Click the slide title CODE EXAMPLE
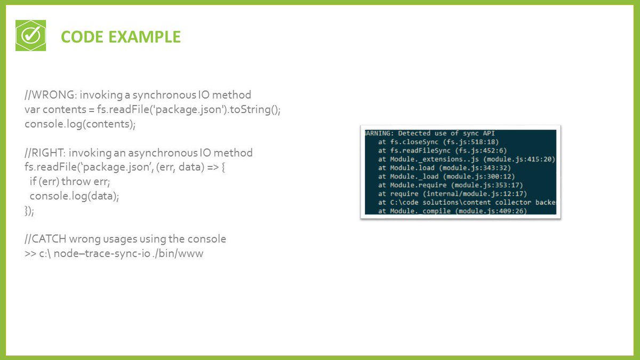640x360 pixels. pos(121,37)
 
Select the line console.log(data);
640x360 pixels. pos(74,196)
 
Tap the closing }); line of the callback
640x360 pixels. pos(29,211)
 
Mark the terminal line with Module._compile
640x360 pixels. pos(452,211)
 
